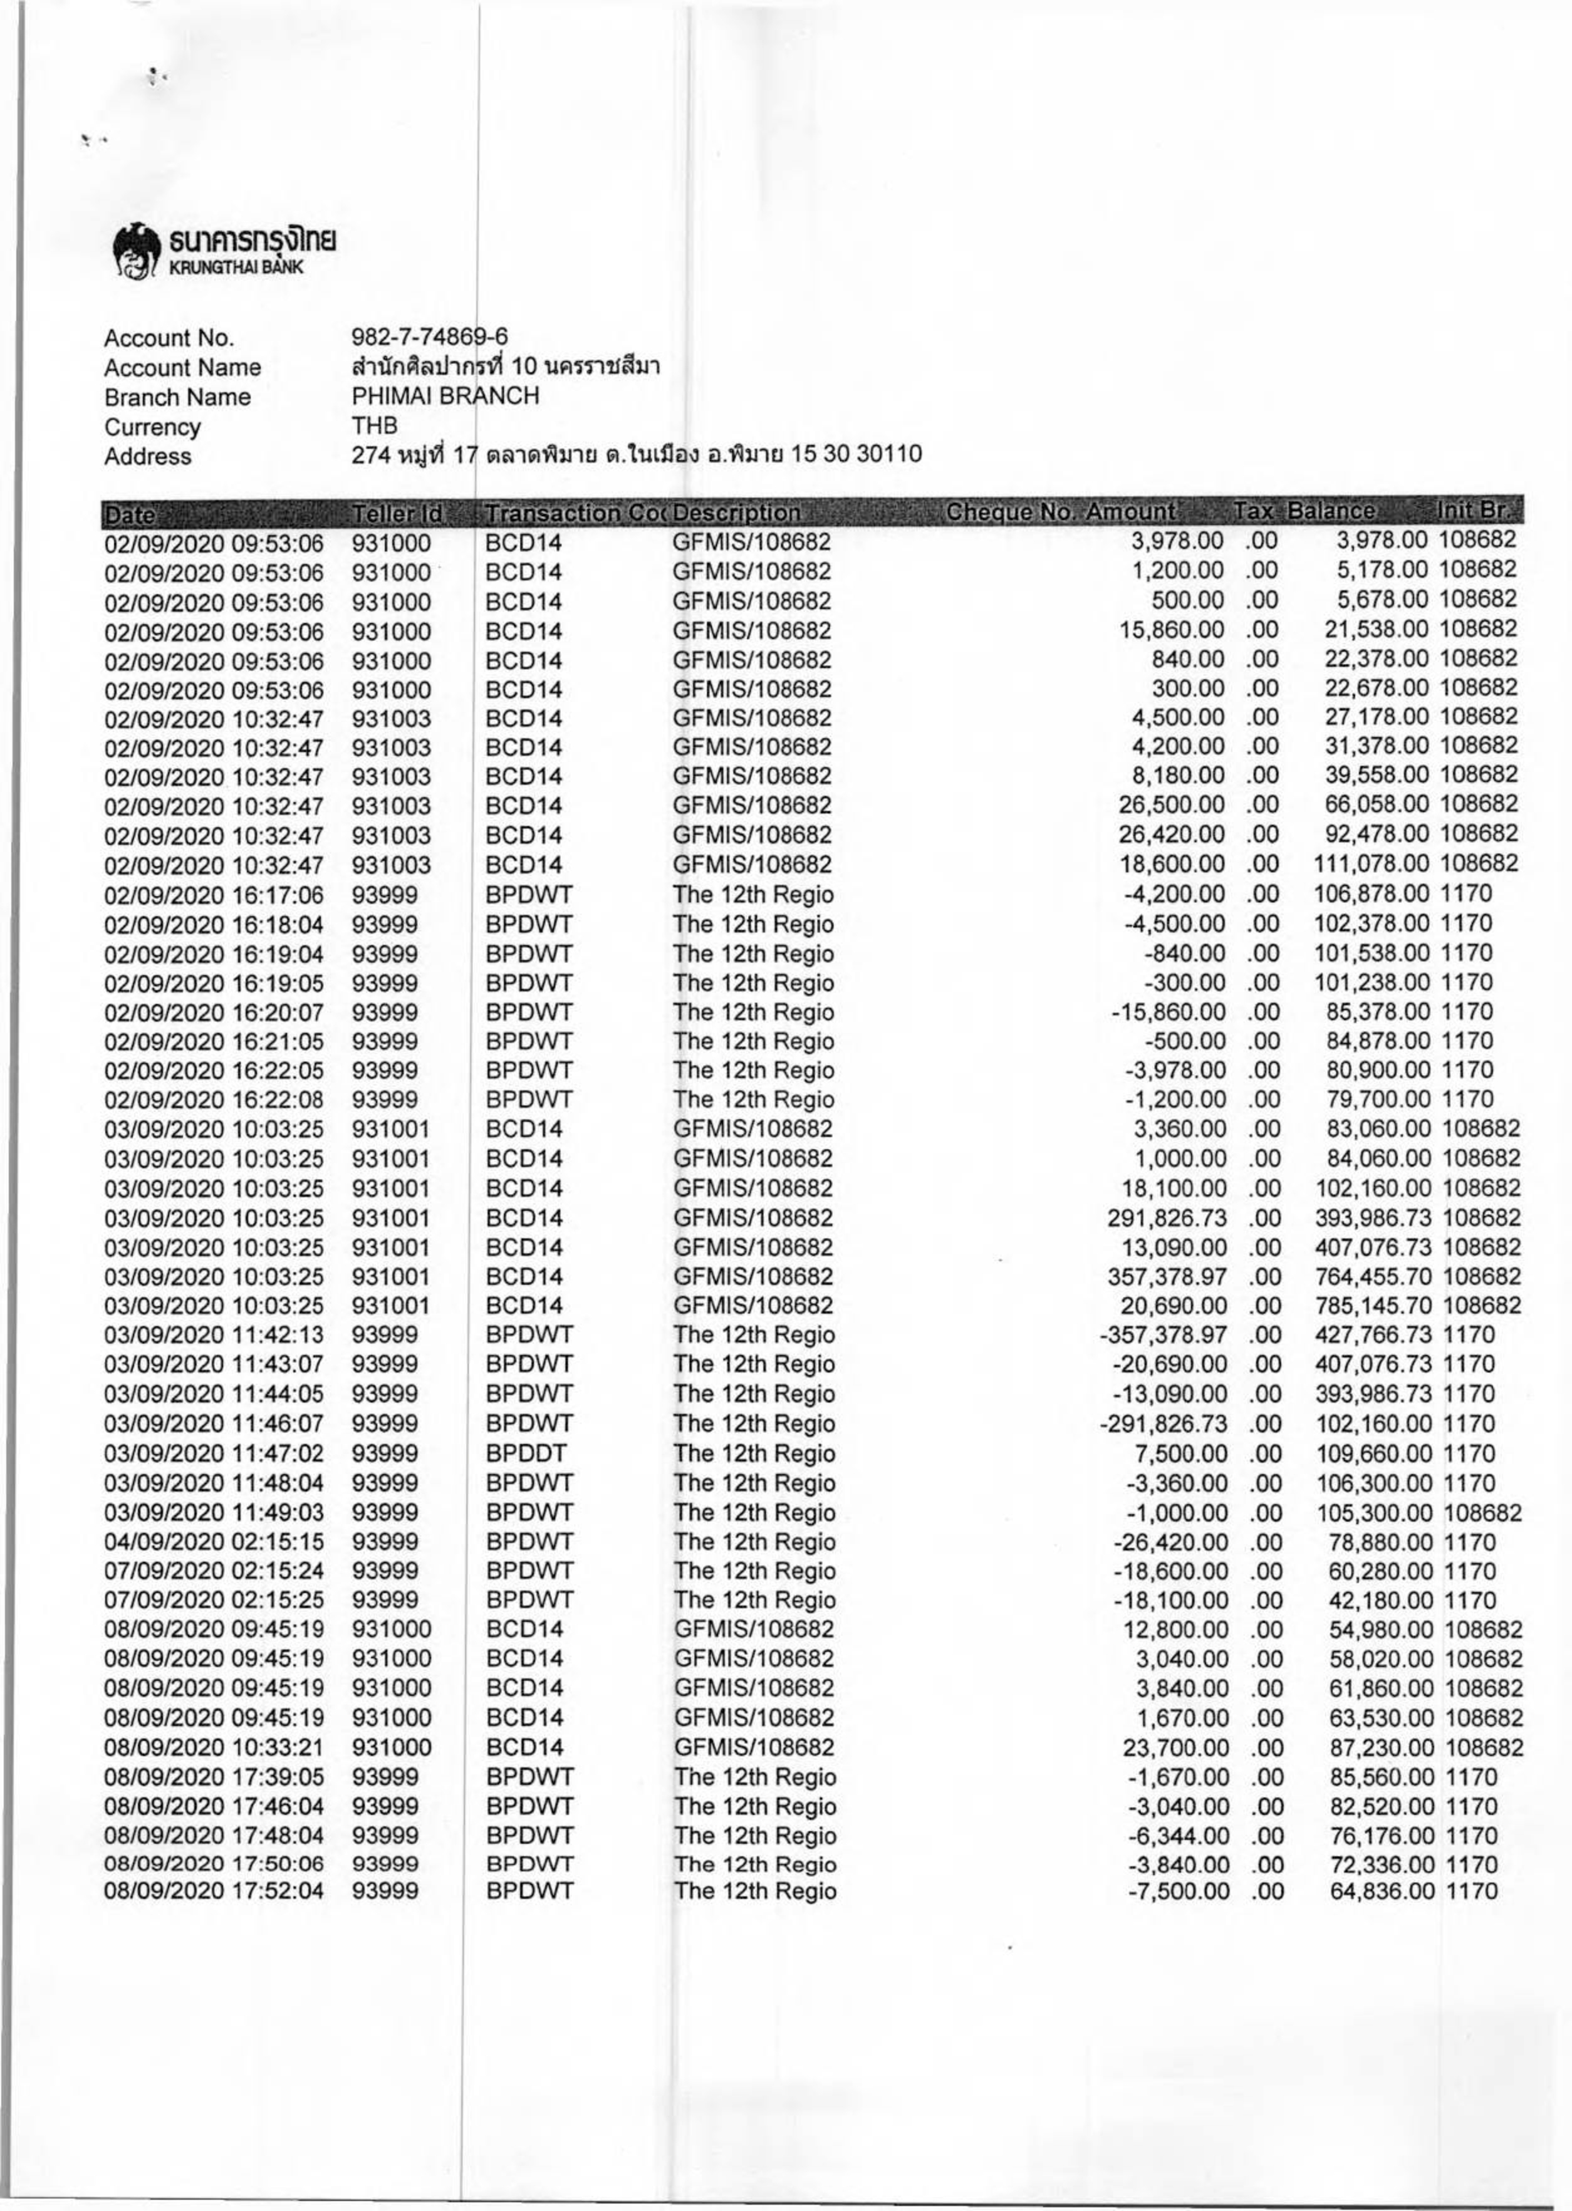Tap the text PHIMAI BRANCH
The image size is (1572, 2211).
(445, 396)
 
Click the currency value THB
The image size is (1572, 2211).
(375, 426)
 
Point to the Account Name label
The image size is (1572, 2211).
(182, 367)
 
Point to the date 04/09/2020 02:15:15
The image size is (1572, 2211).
(213, 1541)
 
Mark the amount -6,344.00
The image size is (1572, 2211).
(1179, 1836)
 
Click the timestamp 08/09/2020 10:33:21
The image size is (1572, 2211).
(213, 1748)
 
